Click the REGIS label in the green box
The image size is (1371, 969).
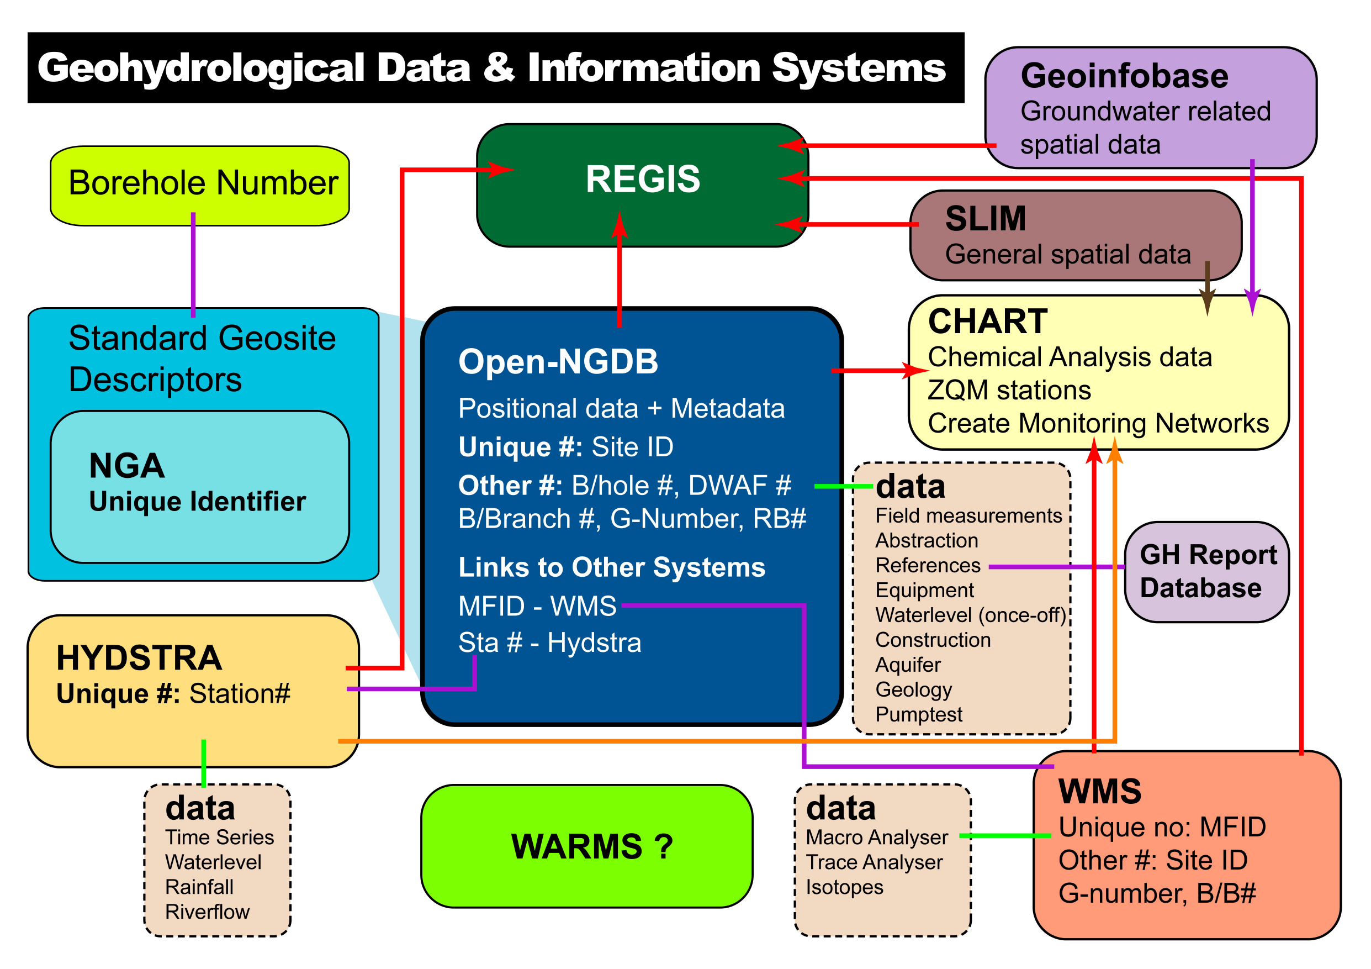643,178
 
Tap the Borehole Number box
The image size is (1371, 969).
200,185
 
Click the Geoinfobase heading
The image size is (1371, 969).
1124,76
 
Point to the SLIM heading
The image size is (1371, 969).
985,219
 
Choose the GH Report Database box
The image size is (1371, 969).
1207,572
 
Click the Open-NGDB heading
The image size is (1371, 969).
558,361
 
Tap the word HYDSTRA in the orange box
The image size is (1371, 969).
139,658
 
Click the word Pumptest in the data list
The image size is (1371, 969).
918,714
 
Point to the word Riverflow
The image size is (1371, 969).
207,912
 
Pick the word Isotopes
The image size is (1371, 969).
844,887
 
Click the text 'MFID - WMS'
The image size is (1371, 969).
537,607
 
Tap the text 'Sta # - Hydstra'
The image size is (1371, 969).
549,643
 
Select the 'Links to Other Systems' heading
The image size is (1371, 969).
611,567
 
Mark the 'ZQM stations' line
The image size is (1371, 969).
1009,390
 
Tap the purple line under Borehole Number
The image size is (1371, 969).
193,266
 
